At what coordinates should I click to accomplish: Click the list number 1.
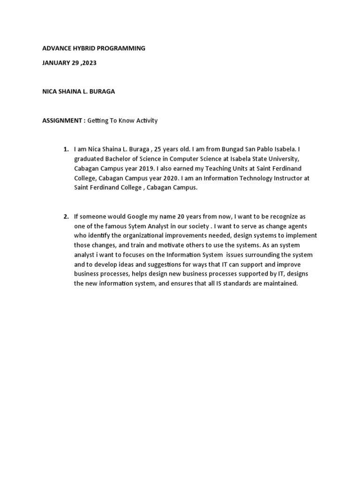click(x=66, y=150)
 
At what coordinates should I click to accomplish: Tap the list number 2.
click(x=66, y=217)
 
